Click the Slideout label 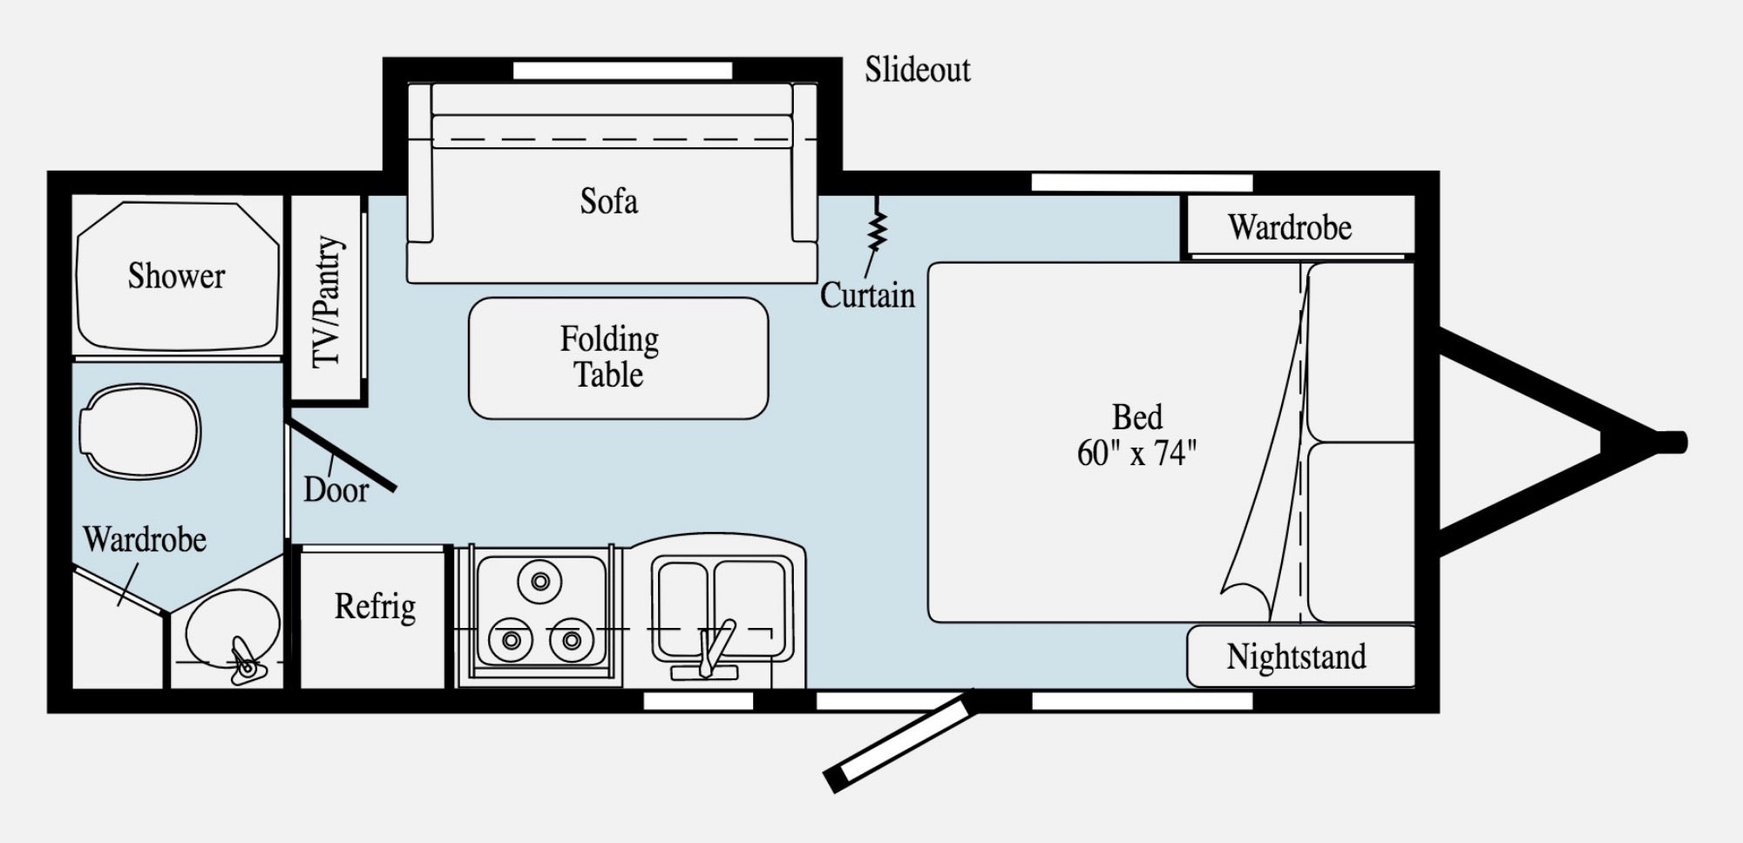click(x=917, y=70)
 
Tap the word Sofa click(x=609, y=201)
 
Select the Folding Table click(x=618, y=358)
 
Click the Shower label click(x=176, y=276)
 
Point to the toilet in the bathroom click(x=140, y=432)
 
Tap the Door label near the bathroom click(x=336, y=489)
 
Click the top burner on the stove click(x=540, y=581)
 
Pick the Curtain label click(x=867, y=296)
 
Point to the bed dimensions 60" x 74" click(x=1136, y=454)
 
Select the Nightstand click(x=1300, y=656)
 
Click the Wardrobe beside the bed click(x=1298, y=225)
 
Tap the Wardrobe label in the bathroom click(x=145, y=540)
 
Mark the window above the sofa click(x=622, y=71)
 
